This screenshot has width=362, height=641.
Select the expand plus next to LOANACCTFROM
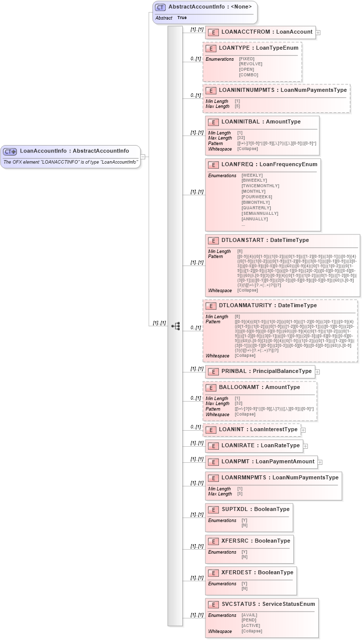(x=318, y=32)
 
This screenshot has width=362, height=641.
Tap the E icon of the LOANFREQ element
(x=213, y=164)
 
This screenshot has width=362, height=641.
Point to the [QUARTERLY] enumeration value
(x=256, y=207)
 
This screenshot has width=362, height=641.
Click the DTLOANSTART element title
(x=265, y=240)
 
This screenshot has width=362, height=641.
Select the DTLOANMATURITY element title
(x=268, y=305)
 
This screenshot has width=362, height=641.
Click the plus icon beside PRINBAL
(x=317, y=372)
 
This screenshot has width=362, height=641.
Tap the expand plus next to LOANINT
(x=303, y=430)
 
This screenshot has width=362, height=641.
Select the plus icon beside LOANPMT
(x=320, y=462)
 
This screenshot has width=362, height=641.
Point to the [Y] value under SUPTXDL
(x=245, y=521)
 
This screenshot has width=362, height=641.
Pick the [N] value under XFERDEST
(x=245, y=588)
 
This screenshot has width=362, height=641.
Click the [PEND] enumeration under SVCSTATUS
(x=249, y=620)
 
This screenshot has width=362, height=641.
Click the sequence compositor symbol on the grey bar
(x=175, y=326)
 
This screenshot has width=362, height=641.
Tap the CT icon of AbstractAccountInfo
(x=160, y=7)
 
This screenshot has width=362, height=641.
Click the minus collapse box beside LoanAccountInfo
(x=143, y=157)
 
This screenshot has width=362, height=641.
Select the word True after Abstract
(x=182, y=18)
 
